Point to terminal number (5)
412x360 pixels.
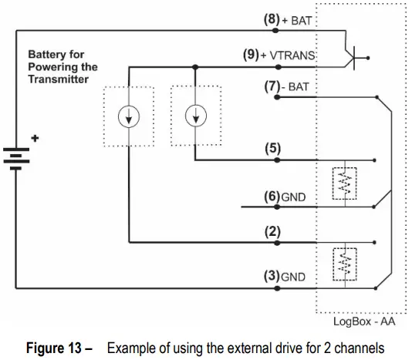[273, 148]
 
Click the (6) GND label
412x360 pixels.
[285, 197]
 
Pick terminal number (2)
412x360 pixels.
[273, 230]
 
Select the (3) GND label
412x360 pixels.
[285, 275]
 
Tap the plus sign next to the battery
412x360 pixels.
[33, 139]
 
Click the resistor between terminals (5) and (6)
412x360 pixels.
[344, 183]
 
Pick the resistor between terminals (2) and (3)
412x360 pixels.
[344, 264]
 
